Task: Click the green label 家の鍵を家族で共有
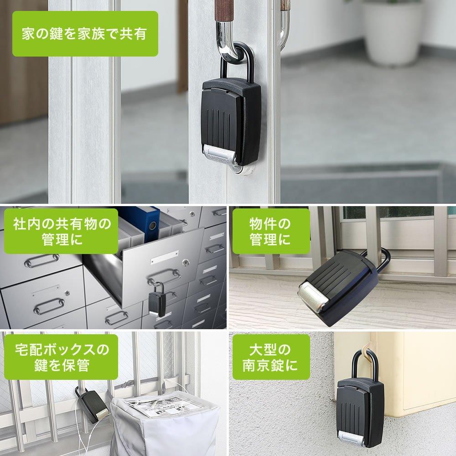(85, 34)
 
